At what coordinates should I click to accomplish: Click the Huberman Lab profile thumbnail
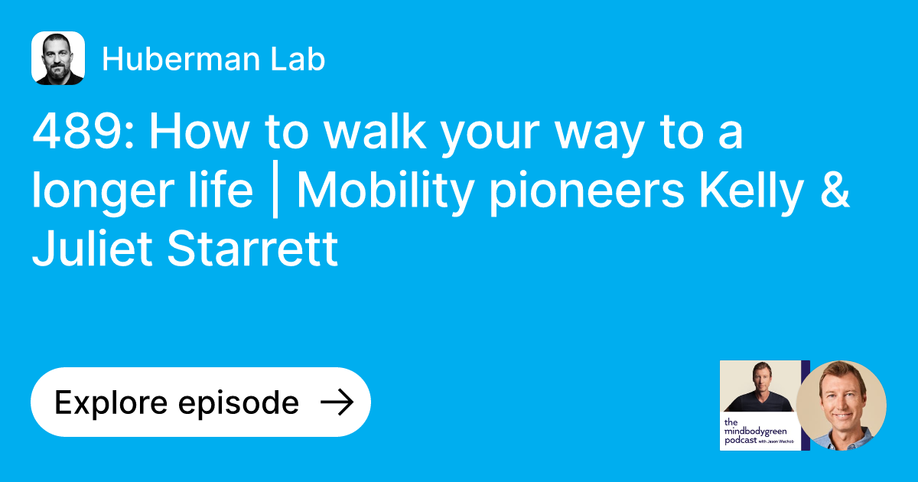point(58,58)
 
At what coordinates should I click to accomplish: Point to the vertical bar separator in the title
point(275,192)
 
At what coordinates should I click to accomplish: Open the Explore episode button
point(200,402)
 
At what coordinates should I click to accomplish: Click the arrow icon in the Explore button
point(336,402)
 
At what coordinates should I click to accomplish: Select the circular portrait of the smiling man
point(841,405)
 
